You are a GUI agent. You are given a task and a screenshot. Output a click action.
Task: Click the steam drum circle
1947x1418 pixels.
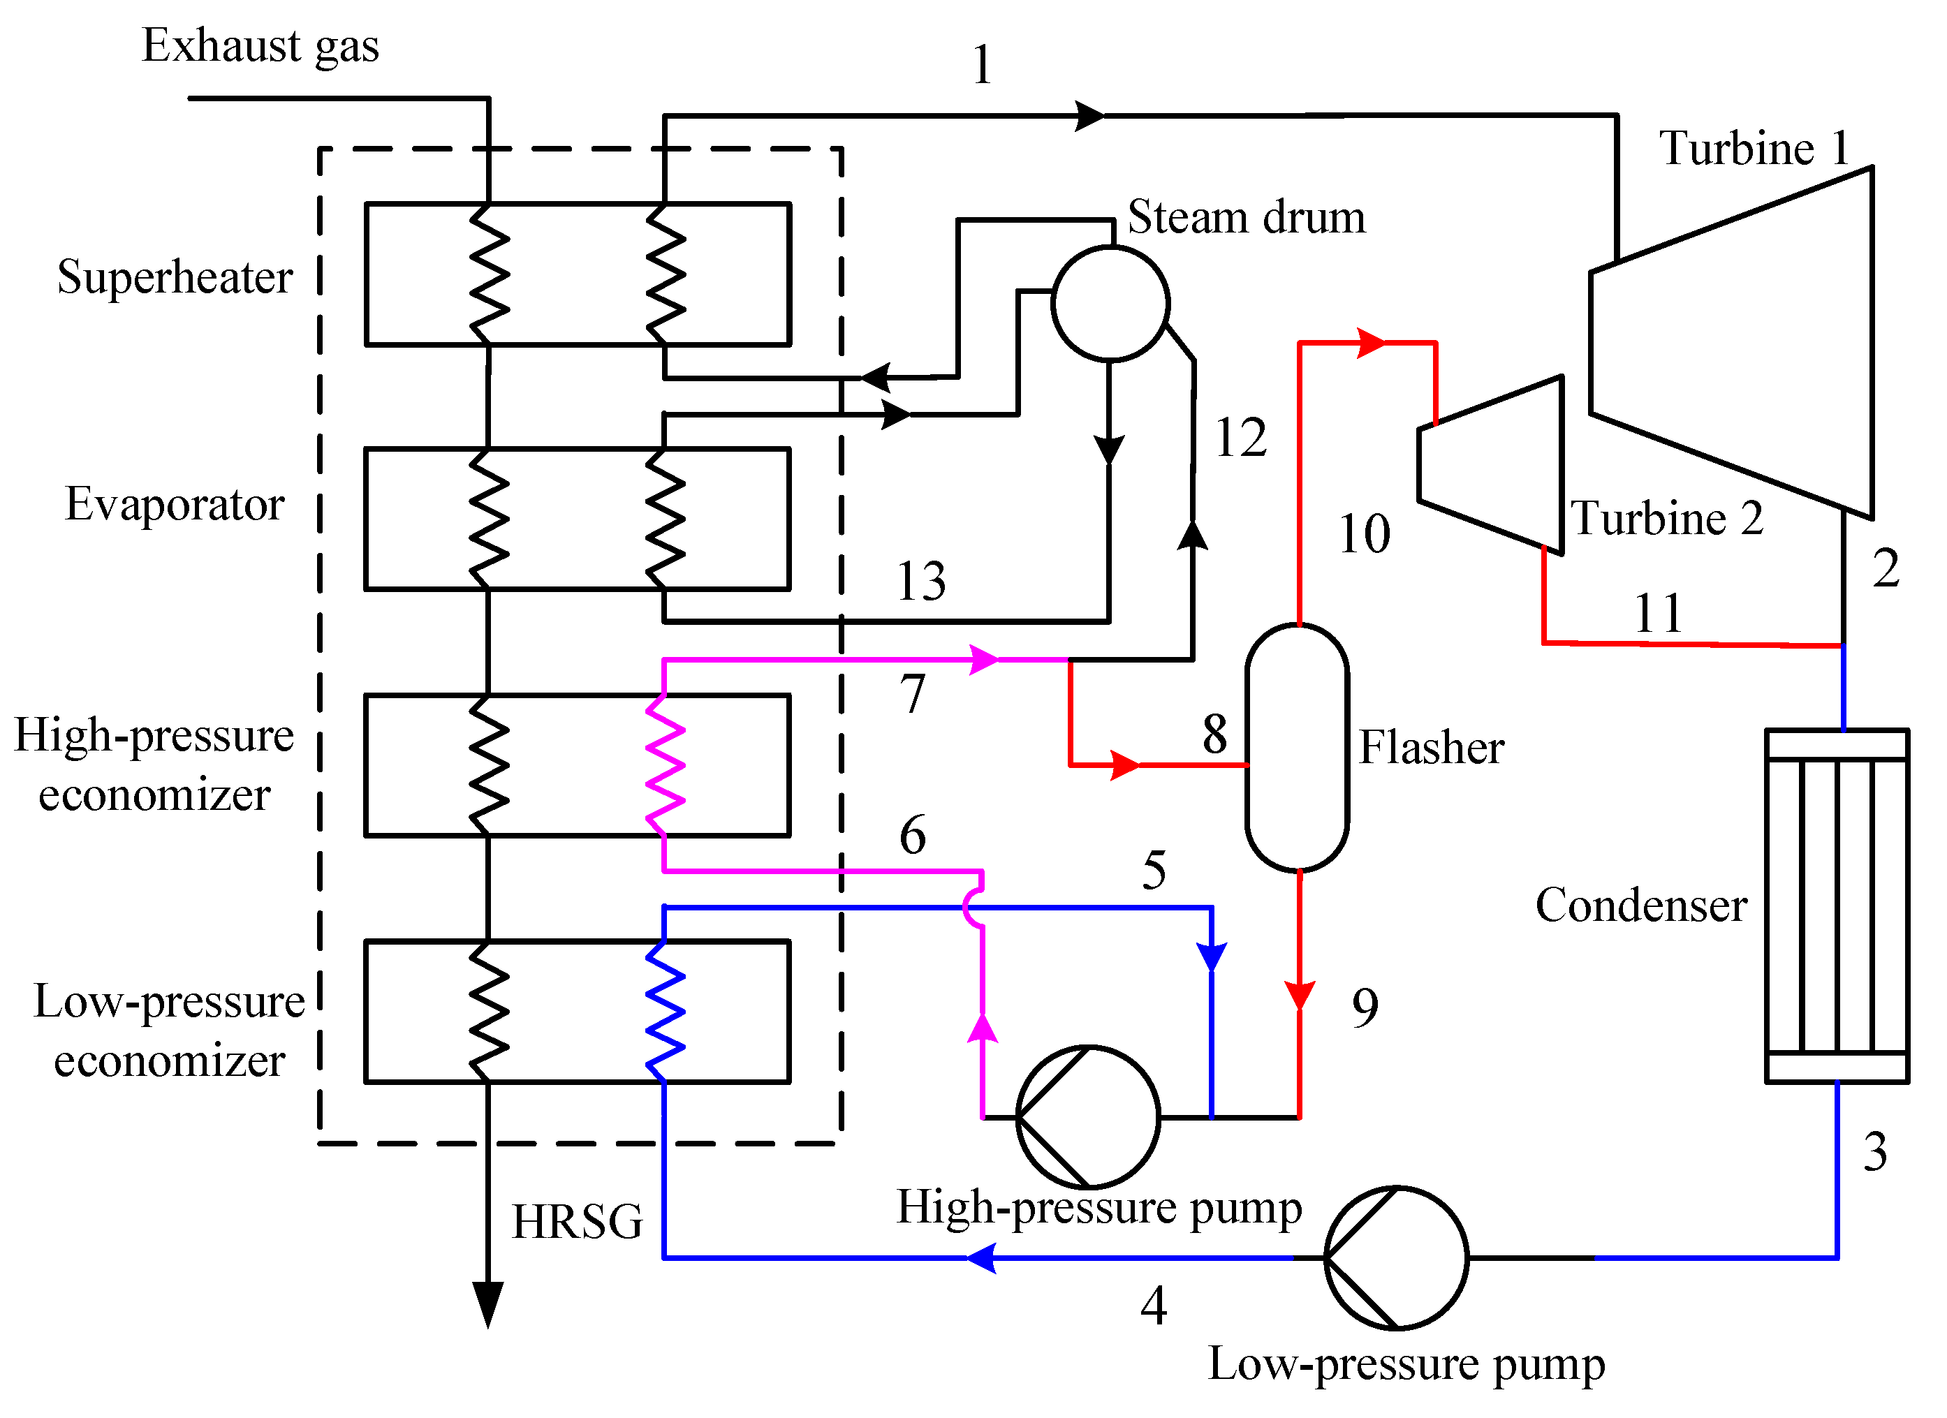pyautogui.click(x=1110, y=302)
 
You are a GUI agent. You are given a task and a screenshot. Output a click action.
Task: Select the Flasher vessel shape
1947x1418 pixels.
pyautogui.click(x=1296, y=747)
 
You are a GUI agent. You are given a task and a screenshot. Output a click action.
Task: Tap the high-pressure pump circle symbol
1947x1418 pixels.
pyautogui.click(x=1087, y=1116)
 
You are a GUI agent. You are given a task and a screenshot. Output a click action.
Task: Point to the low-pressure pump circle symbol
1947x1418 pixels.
pyautogui.click(x=1396, y=1257)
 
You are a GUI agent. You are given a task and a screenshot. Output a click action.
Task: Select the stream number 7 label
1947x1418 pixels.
pyautogui.click(x=913, y=693)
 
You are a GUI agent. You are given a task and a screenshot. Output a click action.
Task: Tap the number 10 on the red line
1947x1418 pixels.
pyautogui.click(x=1364, y=534)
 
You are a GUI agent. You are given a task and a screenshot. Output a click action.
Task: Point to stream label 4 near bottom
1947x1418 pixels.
pyautogui.click(x=1153, y=1306)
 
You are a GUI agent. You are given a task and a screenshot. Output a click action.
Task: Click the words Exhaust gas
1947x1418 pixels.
pyautogui.click(x=260, y=45)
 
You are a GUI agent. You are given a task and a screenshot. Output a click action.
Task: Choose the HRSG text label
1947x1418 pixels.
pyautogui.click(x=577, y=1221)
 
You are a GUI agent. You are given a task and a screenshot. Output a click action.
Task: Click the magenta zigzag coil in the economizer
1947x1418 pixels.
pyautogui.click(x=666, y=765)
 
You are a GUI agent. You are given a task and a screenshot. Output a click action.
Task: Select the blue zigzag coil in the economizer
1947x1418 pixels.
pyautogui.click(x=666, y=1011)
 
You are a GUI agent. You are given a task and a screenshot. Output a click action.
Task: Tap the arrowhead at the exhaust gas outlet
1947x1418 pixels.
pyautogui.click(x=487, y=1305)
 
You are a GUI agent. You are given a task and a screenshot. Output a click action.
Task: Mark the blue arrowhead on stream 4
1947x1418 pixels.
pyautogui.click(x=981, y=1257)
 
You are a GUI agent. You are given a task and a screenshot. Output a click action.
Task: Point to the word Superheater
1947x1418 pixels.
pyautogui.click(x=175, y=277)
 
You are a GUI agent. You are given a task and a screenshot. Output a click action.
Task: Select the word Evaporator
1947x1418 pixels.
pyautogui.click(x=175, y=504)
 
